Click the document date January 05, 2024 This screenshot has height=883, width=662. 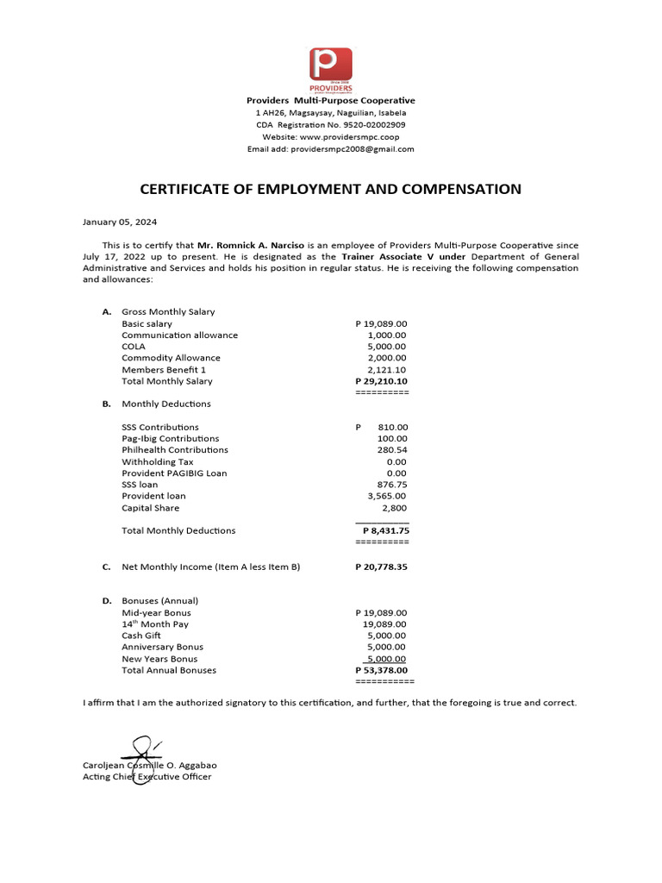click(x=120, y=222)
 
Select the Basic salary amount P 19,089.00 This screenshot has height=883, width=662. click(x=381, y=323)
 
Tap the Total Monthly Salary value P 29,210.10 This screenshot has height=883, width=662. click(x=381, y=381)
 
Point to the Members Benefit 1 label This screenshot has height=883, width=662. click(x=164, y=369)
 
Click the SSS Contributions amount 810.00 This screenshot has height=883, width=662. click(x=392, y=427)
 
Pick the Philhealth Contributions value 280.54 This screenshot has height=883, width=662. click(x=392, y=450)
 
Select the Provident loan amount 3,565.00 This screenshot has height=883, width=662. click(x=386, y=496)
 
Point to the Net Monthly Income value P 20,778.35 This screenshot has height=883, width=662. click(x=381, y=567)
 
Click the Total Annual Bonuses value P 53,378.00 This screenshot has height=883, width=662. click(x=381, y=670)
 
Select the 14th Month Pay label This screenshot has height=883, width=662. click(x=155, y=623)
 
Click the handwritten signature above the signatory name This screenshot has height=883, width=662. click(x=141, y=752)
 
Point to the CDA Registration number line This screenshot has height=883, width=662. click(x=331, y=125)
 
